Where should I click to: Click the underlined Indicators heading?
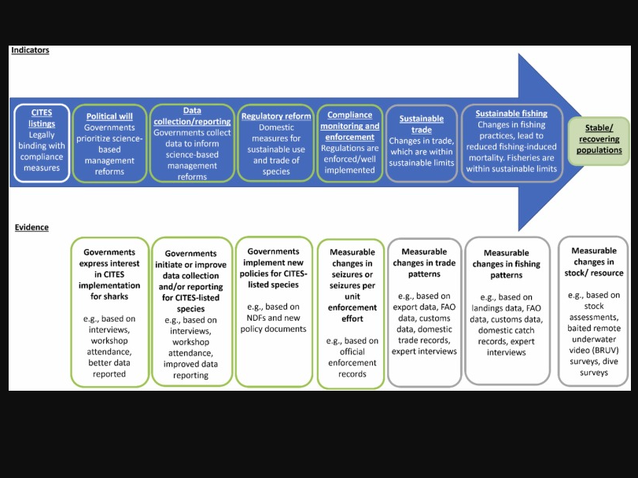[x=30, y=50]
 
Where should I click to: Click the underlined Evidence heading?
[x=31, y=227]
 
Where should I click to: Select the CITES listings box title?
[x=42, y=118]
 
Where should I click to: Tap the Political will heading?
[x=109, y=116]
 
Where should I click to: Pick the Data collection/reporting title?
[x=192, y=116]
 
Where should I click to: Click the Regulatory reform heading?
[x=276, y=116]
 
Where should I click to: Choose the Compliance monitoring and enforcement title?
[x=350, y=126]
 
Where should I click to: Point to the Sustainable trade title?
[x=422, y=124]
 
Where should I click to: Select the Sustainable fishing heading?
[x=511, y=113]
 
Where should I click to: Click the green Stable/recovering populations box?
[x=599, y=141]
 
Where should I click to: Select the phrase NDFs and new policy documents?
[x=274, y=323]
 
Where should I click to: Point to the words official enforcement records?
[x=352, y=362]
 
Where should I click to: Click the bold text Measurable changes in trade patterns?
[x=424, y=263]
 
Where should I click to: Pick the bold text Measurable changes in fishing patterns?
[x=507, y=264]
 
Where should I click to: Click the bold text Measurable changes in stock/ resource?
[x=594, y=262]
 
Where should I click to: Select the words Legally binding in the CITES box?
[x=42, y=140]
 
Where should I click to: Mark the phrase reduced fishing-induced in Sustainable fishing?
[x=511, y=147]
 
